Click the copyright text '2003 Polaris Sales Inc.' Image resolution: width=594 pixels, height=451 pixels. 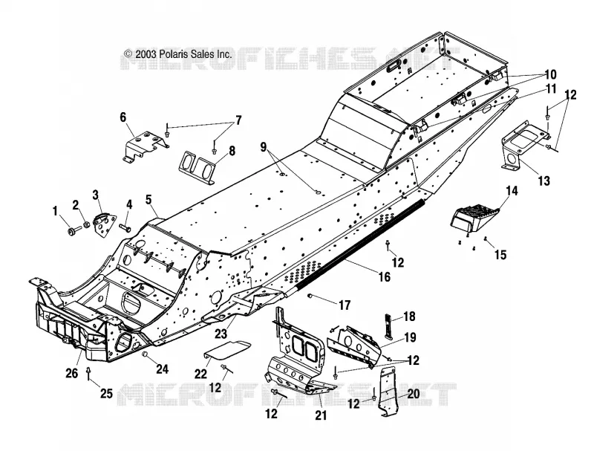pyautogui.click(x=183, y=54)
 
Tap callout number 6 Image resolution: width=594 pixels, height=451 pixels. pyautogui.click(x=123, y=117)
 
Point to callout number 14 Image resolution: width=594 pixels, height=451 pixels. pyautogui.click(x=512, y=191)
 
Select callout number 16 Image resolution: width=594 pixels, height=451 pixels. pyautogui.click(x=384, y=276)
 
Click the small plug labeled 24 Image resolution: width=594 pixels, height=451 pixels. pyautogui.click(x=144, y=354)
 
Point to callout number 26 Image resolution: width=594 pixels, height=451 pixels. pyautogui.click(x=72, y=373)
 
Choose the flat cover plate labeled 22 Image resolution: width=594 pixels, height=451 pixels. pyautogui.click(x=227, y=350)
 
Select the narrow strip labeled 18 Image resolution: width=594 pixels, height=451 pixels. pyautogui.click(x=388, y=326)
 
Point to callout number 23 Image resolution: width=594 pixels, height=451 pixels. pyautogui.click(x=221, y=334)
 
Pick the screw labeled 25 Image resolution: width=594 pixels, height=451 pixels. pyautogui.click(x=88, y=374)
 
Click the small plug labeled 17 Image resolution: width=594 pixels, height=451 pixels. pyautogui.click(x=310, y=296)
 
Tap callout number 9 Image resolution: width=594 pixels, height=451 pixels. pyautogui.click(x=264, y=146)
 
